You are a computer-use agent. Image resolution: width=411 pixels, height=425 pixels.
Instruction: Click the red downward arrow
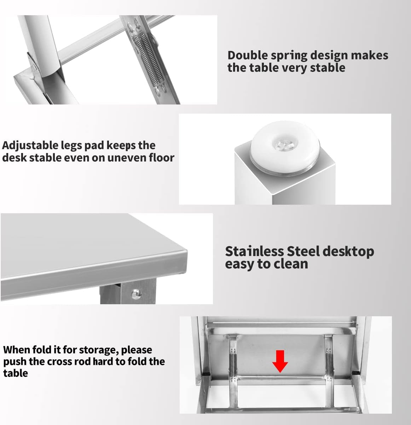coord(280,361)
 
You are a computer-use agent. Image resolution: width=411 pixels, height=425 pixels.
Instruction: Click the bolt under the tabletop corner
coord(136,292)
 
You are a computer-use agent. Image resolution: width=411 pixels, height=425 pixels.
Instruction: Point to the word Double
coord(248,56)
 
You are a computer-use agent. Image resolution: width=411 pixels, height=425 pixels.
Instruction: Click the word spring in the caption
coord(289,56)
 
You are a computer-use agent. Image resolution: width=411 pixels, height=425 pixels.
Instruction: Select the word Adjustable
coord(30,146)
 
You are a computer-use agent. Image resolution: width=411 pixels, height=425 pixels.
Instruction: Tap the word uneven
coord(127,158)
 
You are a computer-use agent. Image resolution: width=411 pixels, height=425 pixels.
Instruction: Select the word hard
coord(103,362)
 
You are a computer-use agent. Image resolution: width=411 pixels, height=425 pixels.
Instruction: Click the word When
coord(17,350)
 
